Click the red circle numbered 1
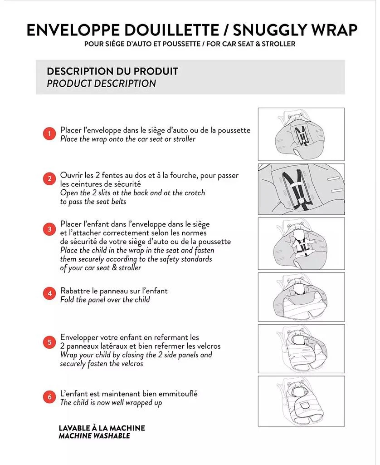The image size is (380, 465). pos(49,134)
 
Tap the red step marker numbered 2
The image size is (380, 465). pos(49,178)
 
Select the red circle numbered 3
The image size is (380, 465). pos(49,229)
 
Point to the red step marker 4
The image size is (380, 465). pos(49,293)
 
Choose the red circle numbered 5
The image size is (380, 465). pos(49,342)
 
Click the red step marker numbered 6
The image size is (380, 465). pos(49,397)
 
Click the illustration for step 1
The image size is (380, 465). pos(301,134)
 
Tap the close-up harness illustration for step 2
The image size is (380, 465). pos(301,189)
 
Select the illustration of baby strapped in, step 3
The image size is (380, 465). pos(301,243)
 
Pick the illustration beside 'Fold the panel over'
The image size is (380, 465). pos(301,297)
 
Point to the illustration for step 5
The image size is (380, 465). pos(301,348)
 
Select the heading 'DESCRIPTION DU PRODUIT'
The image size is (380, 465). pos(112,71)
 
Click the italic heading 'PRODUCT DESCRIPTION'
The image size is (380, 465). pos(101,84)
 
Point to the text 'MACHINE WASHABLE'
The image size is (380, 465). pos(94,436)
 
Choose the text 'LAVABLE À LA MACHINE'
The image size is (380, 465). pos(102,428)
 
